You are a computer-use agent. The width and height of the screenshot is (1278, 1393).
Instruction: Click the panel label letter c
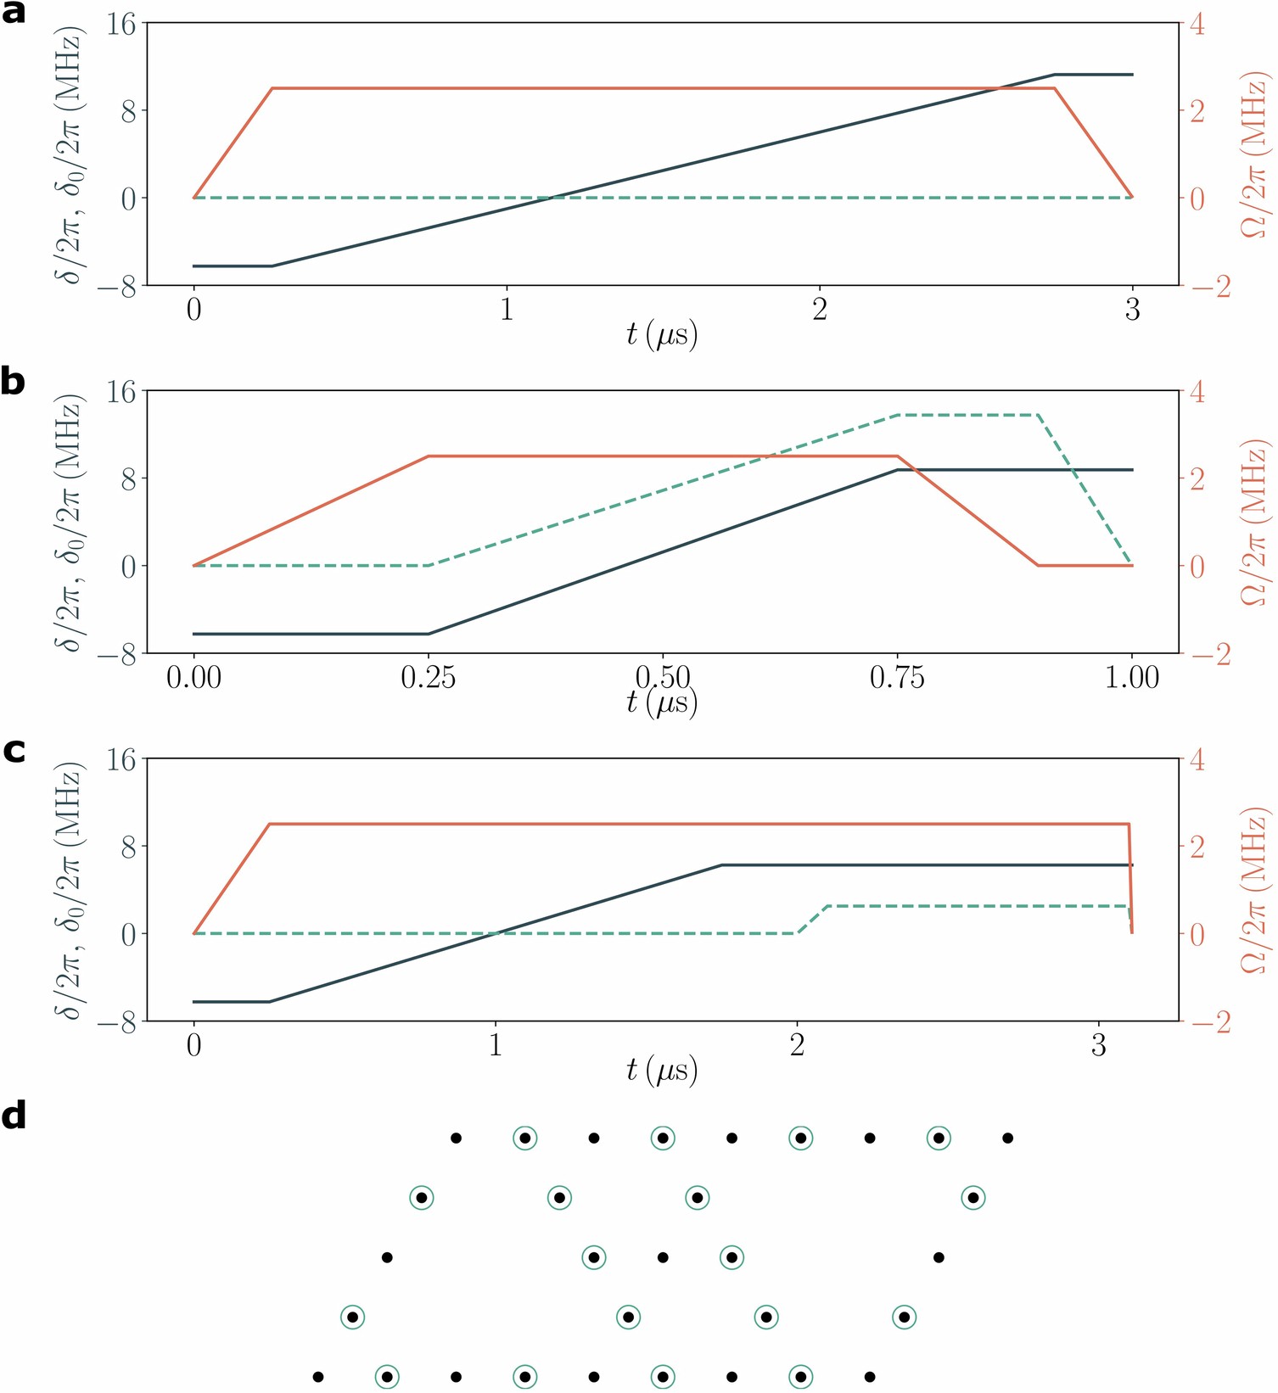(14, 751)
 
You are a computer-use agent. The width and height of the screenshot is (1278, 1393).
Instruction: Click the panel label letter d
(14, 1116)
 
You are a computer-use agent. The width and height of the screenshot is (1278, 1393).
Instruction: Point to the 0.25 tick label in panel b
(428, 678)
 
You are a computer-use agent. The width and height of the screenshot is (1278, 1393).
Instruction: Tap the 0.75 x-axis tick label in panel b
(897, 678)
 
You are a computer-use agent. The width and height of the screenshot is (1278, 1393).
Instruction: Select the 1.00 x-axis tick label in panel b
(1131, 678)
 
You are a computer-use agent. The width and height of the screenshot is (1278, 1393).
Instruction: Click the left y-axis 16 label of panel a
(120, 25)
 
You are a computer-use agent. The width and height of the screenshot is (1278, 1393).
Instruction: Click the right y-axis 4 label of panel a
(1197, 25)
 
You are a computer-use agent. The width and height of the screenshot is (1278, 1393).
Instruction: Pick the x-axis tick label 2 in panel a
(819, 310)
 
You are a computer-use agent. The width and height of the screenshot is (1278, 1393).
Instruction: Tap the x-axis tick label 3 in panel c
(1098, 1045)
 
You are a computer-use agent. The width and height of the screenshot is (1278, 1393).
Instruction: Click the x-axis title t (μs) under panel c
(662, 1071)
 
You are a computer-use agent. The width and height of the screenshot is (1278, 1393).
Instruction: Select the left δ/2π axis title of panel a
(70, 154)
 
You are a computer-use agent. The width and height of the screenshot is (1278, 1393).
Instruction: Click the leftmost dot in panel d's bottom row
(318, 1376)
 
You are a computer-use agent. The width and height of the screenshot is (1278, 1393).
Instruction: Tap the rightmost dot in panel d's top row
(1007, 1137)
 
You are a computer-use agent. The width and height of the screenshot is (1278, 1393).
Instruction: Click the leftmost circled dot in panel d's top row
(525, 1137)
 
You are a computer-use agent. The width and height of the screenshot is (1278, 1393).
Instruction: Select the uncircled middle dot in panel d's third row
(663, 1256)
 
